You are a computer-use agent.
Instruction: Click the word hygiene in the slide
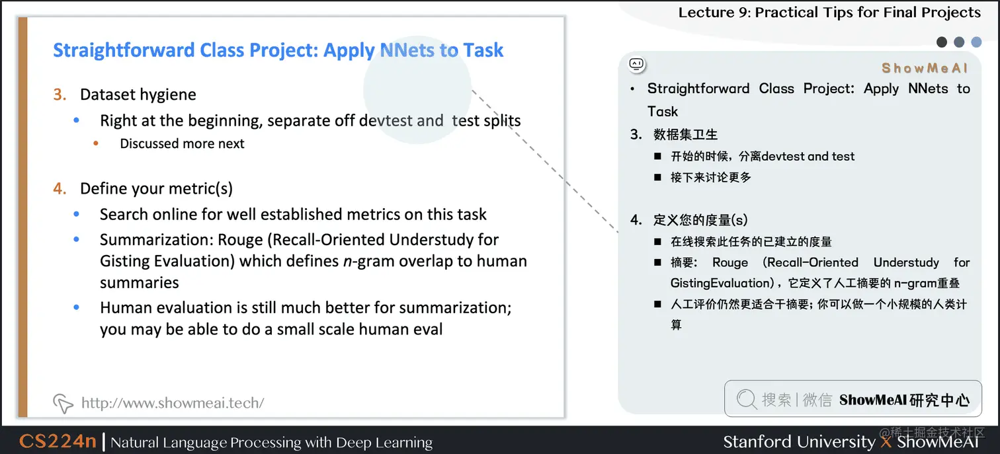(x=168, y=95)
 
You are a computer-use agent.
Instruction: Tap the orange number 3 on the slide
(x=60, y=95)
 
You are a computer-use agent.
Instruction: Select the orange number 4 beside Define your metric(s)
(x=60, y=189)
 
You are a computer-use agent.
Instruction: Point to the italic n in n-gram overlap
(x=347, y=261)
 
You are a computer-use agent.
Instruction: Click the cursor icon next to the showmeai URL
(x=63, y=403)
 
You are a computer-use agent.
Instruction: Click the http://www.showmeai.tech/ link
(x=172, y=403)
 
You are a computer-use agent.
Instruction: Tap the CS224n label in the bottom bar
(x=58, y=441)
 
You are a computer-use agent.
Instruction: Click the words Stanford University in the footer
(x=799, y=441)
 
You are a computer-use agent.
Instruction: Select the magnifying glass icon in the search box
(x=746, y=399)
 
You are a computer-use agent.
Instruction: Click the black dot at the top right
(x=942, y=42)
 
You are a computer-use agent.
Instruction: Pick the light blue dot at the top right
(x=976, y=42)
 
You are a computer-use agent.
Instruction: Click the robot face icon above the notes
(x=636, y=64)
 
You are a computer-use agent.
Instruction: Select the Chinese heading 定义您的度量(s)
(x=700, y=220)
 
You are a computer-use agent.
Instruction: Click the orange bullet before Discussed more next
(x=97, y=143)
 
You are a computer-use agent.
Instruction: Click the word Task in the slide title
(x=483, y=50)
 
